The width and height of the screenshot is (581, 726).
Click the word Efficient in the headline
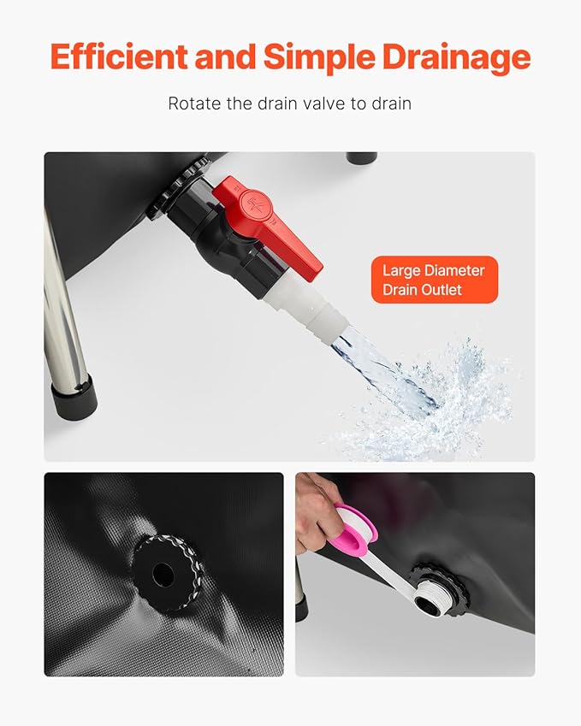[119, 57]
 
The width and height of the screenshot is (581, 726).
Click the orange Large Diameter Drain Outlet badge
[435, 280]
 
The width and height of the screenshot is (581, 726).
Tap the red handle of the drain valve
[267, 226]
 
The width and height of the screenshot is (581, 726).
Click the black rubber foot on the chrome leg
[74, 396]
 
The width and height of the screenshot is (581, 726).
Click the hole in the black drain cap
[163, 574]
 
